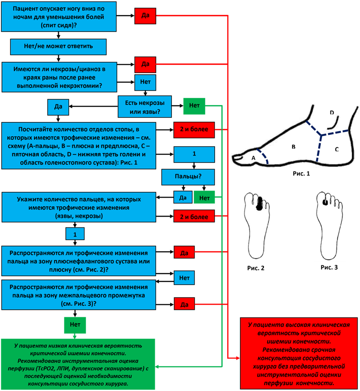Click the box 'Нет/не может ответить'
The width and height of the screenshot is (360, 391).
pyautogui.click(x=57, y=45)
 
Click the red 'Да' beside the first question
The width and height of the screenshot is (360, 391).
pyautogui.click(x=145, y=16)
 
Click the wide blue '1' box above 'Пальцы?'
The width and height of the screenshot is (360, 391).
pyautogui.click(x=194, y=154)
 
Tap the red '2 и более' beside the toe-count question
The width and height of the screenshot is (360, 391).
pyautogui.click(x=194, y=216)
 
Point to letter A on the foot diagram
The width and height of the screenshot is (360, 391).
pyautogui.click(x=253, y=159)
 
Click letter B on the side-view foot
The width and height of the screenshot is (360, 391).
pyautogui.click(x=293, y=148)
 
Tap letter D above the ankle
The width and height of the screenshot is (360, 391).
pyautogui.click(x=332, y=113)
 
